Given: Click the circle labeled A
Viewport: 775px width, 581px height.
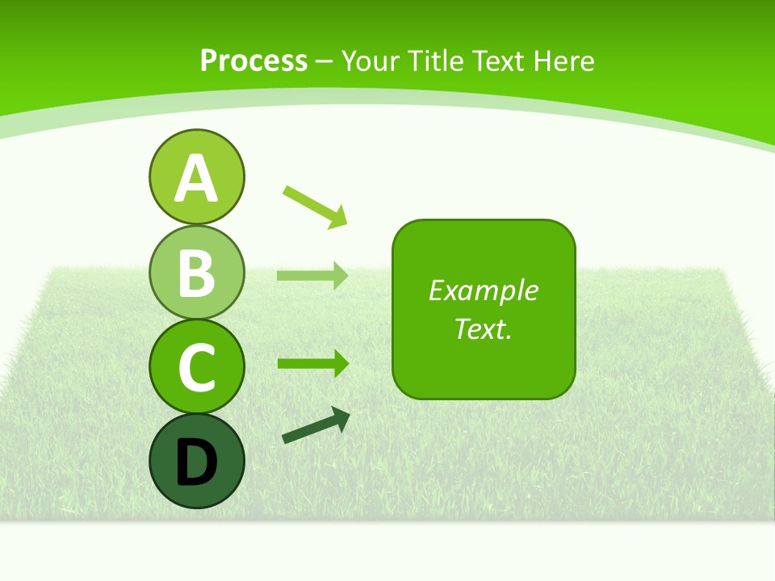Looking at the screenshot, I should (x=196, y=177).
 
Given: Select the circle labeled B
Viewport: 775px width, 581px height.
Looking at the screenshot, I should (x=196, y=272).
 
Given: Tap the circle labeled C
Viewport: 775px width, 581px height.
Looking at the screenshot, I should (x=196, y=366).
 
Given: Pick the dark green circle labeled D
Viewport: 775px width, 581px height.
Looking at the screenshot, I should (x=196, y=461).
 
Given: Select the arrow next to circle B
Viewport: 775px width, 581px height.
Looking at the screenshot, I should (x=312, y=275).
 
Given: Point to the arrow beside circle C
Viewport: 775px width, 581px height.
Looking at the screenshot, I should (x=312, y=363).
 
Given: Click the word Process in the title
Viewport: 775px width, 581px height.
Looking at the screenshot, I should (x=253, y=61).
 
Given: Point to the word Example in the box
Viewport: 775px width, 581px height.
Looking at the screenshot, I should (x=483, y=290).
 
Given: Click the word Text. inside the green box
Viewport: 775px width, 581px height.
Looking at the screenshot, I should (x=483, y=328).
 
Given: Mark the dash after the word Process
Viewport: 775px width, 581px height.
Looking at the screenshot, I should (x=325, y=61).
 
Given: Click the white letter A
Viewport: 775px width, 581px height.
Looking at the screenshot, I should (x=196, y=178).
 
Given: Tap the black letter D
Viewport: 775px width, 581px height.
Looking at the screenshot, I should (x=196, y=462).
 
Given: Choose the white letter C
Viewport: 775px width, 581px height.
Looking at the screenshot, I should (x=196, y=367).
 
